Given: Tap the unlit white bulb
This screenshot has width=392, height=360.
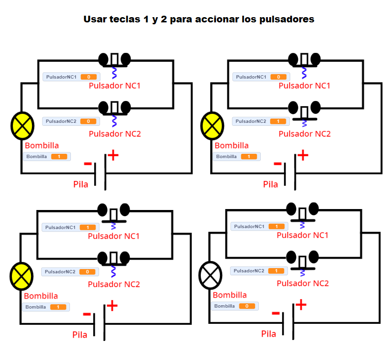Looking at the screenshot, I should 210,275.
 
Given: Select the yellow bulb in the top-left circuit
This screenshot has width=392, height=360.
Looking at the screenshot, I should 22,126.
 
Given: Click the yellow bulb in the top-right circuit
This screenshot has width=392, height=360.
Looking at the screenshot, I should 212,126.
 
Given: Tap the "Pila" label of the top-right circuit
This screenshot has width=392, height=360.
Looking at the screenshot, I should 271,184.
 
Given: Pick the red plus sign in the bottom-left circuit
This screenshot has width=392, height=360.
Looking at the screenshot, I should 112,305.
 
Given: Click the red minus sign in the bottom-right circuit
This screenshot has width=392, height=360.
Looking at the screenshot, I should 275,313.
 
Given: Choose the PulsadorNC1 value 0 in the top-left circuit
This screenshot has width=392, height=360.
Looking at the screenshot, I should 88,77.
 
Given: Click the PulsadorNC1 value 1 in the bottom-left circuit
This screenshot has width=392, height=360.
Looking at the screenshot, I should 87,228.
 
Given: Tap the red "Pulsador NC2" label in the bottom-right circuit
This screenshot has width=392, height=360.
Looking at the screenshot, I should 303,283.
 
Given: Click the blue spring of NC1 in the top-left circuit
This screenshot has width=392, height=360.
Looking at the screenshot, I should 114,72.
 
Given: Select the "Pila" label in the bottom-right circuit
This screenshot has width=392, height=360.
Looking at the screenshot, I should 269,334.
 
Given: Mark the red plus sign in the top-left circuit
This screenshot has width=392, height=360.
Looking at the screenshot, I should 113,155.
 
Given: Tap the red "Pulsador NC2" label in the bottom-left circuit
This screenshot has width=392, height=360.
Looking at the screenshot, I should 114,284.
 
